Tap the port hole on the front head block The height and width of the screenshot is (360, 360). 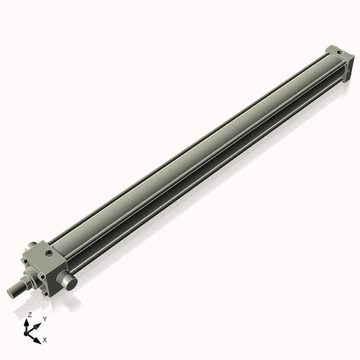(x=49, y=253)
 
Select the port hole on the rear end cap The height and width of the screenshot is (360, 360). (x=340, y=52)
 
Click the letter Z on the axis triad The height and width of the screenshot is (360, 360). (x=30, y=315)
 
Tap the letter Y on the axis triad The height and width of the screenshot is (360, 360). (x=45, y=319)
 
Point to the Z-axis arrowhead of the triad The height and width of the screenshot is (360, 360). (x=26, y=323)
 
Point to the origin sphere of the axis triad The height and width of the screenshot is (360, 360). (x=26, y=333)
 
